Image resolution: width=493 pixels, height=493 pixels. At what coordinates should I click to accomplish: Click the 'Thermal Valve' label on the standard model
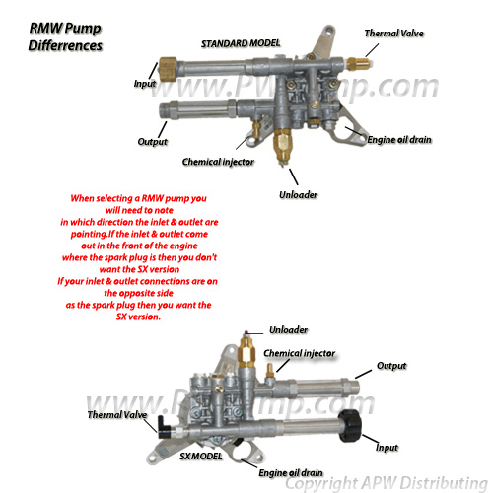pos(393,33)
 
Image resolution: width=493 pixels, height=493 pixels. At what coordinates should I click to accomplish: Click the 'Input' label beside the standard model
pos(145,85)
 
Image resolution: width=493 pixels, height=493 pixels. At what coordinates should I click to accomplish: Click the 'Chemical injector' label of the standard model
pos(219,160)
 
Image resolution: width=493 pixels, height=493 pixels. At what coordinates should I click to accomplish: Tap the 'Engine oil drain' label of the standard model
pos(404,142)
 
